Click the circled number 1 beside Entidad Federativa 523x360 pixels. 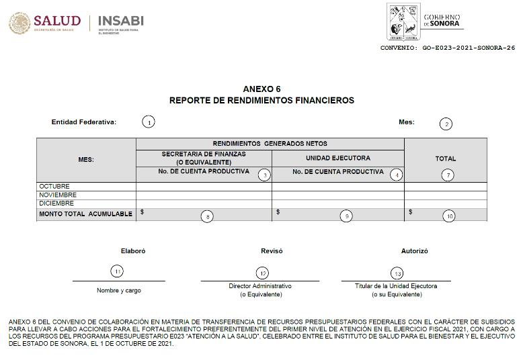tap(148, 122)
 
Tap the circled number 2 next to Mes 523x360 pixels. tap(445, 124)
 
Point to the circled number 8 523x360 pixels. tap(208, 216)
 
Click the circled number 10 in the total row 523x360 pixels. tap(448, 216)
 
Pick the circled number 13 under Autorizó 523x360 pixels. tap(397, 273)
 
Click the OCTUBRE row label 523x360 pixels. tap(54, 186)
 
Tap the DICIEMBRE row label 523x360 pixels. tap(56, 203)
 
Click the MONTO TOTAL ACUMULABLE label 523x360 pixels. tap(85, 214)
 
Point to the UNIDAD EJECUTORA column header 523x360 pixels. tap(337, 159)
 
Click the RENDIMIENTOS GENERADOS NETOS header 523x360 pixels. tap(270, 144)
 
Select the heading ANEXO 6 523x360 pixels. tap(261, 89)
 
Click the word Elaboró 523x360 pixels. tap(132, 251)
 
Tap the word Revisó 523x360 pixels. tap(272, 251)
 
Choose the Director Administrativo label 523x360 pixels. tap(260, 285)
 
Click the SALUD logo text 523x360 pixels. tap(57, 21)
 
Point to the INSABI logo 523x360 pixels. tap(121, 21)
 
